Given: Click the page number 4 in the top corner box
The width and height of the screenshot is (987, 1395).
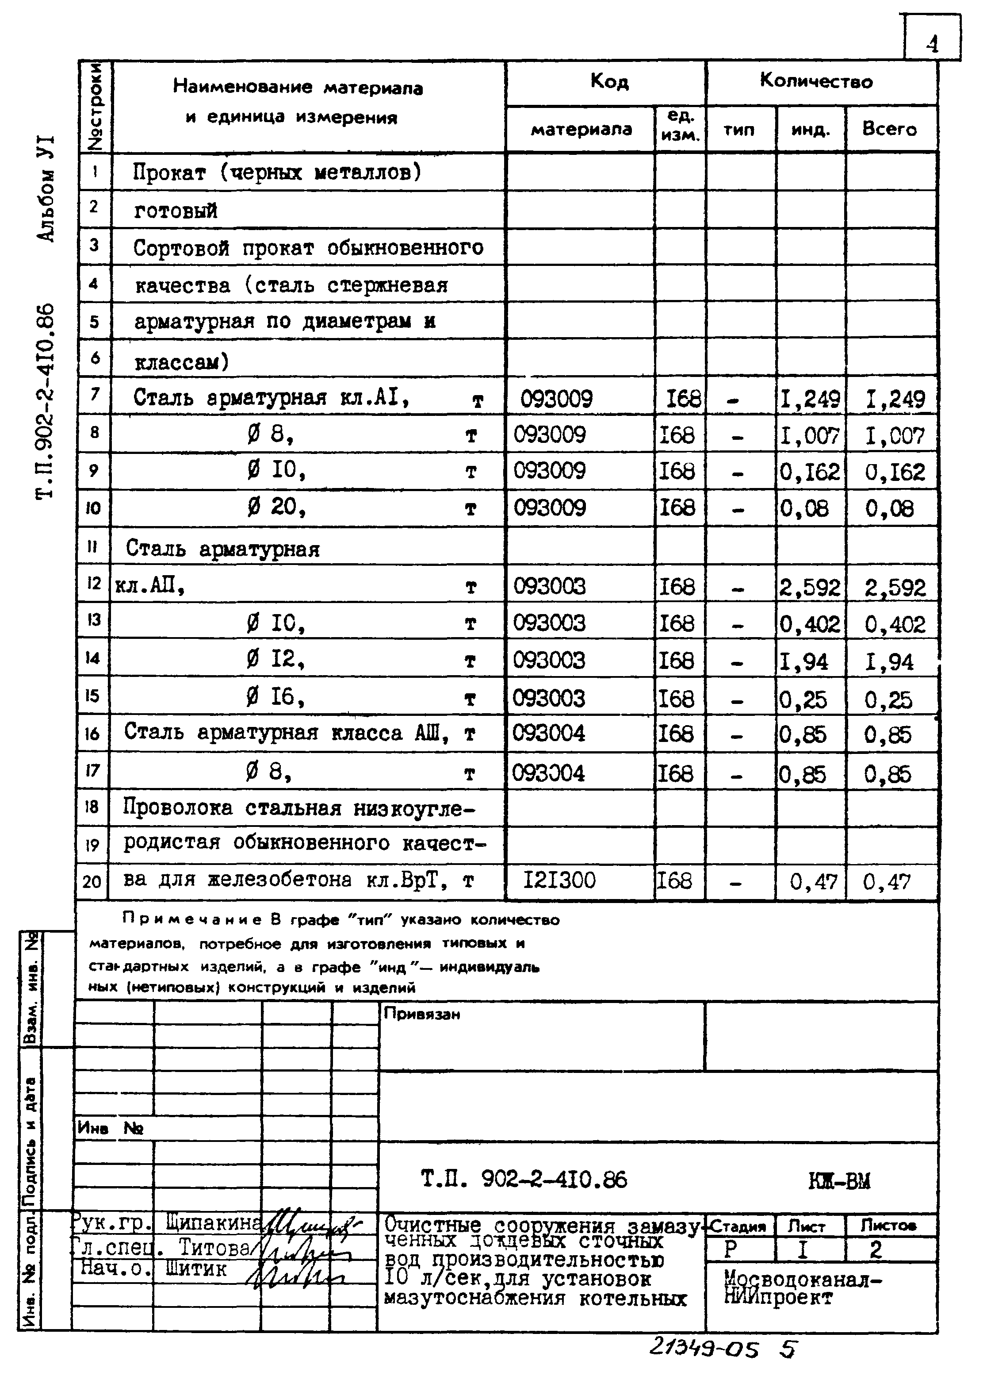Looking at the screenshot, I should (932, 44).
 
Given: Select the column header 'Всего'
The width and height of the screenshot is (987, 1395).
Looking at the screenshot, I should (889, 129).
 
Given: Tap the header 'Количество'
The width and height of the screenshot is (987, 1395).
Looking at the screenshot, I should (816, 81).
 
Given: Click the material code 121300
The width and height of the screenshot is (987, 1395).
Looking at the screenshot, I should (560, 880).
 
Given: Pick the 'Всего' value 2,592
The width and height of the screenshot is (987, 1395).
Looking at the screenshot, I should (895, 588).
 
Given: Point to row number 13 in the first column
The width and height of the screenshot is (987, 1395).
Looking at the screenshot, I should (93, 620).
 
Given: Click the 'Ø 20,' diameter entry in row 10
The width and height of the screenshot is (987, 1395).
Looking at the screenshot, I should (276, 507).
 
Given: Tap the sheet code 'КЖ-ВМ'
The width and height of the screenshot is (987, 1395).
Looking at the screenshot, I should (839, 1181).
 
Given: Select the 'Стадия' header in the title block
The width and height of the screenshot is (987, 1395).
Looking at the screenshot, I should (738, 1226).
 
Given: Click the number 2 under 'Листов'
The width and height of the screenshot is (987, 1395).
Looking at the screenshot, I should (876, 1250).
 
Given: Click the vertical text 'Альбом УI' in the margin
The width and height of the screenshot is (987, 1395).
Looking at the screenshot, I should (46, 188).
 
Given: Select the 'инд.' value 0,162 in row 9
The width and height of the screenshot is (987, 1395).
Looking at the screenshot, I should (810, 473).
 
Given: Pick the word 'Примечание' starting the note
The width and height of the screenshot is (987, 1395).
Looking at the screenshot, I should (192, 920).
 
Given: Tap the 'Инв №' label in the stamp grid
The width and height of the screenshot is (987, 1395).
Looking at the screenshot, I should (111, 1129).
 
